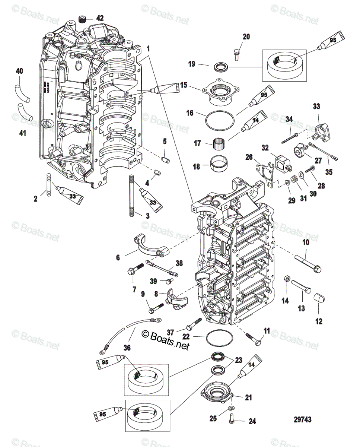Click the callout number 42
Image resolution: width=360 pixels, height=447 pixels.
tap(90, 18)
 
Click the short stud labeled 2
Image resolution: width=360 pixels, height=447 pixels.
tap(48, 185)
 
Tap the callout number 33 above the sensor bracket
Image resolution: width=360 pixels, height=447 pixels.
tap(316, 107)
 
